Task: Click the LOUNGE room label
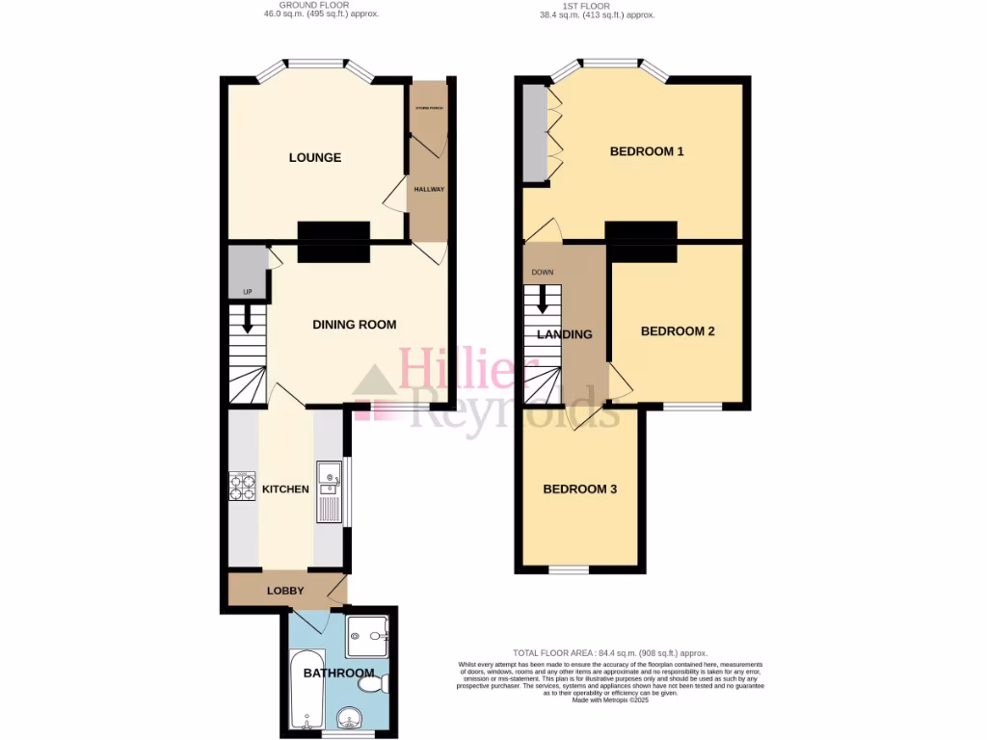pyautogui.click(x=315, y=157)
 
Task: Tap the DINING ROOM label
pyautogui.click(x=354, y=325)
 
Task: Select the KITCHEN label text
pyautogui.click(x=285, y=489)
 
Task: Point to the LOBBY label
pyautogui.click(x=285, y=591)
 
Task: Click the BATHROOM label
pyautogui.click(x=338, y=673)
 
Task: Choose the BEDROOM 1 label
pyautogui.click(x=647, y=151)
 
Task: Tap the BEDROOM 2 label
pyautogui.click(x=678, y=331)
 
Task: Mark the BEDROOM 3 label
pyautogui.click(x=579, y=489)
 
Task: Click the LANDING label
pyautogui.click(x=564, y=334)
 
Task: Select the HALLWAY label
pyautogui.click(x=429, y=189)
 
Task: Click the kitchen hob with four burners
pyautogui.click(x=241, y=487)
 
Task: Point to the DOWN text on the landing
pyautogui.click(x=543, y=272)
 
